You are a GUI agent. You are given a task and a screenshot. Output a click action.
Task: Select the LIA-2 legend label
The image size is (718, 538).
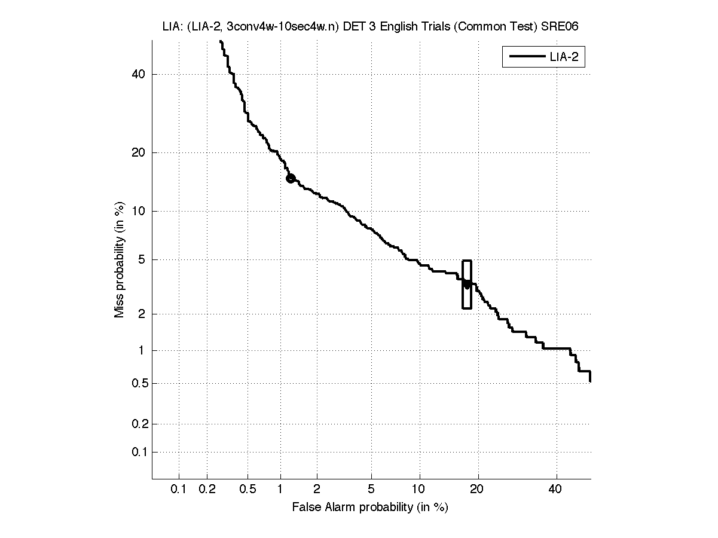coord(563,57)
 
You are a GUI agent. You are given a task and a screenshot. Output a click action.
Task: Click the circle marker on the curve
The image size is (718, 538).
coord(291,178)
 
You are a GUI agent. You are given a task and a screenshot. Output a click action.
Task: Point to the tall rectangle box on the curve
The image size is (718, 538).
coord(467,285)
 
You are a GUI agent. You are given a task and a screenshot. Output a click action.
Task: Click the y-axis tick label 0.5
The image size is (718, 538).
coord(138,383)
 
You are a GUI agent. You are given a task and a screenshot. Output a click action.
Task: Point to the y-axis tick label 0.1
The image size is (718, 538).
coord(138,452)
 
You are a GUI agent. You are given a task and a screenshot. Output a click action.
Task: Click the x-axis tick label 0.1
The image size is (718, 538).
coord(179,490)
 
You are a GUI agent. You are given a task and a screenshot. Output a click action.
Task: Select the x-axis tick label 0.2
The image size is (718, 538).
coord(207,490)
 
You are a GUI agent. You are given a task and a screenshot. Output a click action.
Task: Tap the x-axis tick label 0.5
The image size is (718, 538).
coord(248,490)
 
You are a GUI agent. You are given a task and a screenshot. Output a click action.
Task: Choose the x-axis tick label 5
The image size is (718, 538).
coord(371,490)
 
